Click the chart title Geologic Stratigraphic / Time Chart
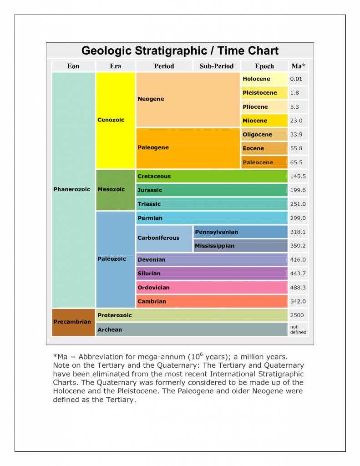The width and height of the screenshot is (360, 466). pyautogui.click(x=180, y=51)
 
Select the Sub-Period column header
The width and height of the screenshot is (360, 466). pyautogui.click(x=217, y=66)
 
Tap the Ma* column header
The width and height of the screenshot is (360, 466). pyautogui.click(x=298, y=66)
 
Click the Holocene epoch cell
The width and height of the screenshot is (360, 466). pyautogui.click(x=264, y=79)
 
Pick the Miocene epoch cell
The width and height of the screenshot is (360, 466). pyautogui.click(x=264, y=121)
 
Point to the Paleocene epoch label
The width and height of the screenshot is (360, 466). pyautogui.click(x=258, y=162)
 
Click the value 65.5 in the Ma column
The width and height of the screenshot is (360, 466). pyautogui.click(x=296, y=162)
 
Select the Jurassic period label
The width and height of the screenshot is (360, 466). pyautogui.click(x=150, y=190)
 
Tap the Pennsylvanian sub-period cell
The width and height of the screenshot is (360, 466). pyautogui.click(x=240, y=232)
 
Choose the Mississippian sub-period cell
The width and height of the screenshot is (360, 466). pyautogui.click(x=240, y=246)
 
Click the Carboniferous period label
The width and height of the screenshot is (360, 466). pyautogui.click(x=158, y=238)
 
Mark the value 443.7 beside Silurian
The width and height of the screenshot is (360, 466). pyautogui.click(x=298, y=274)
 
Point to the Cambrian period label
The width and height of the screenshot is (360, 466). pyautogui.click(x=152, y=301)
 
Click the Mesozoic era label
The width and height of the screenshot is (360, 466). pyautogui.click(x=111, y=189)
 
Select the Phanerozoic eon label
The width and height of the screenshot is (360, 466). pyautogui.click(x=71, y=189)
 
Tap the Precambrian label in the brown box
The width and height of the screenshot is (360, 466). pyautogui.click(x=72, y=322)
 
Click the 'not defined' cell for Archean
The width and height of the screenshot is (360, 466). pyautogui.click(x=298, y=329)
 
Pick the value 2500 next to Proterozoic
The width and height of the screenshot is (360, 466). pyautogui.click(x=297, y=315)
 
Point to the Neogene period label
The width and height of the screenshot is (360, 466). pyautogui.click(x=151, y=99)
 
